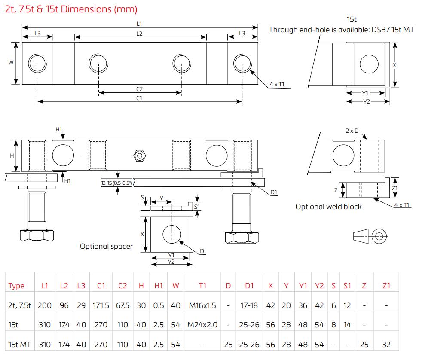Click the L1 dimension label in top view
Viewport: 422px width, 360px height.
140,24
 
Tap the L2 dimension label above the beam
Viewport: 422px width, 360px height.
140,34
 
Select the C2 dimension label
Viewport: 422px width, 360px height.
140,89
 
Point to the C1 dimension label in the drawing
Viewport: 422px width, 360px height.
140,98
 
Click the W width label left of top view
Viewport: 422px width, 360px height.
11,63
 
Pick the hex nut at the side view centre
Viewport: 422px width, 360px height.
139,155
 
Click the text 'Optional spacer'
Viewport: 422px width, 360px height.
106,246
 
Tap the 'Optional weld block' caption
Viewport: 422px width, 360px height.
328,207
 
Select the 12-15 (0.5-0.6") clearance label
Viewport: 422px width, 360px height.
116,183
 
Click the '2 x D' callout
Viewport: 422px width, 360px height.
352,131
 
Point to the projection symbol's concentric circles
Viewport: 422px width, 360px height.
379,236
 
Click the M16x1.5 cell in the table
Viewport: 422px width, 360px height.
202,305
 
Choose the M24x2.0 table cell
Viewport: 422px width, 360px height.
202,325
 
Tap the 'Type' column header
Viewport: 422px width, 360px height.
16,286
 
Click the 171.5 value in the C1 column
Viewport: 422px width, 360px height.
101,305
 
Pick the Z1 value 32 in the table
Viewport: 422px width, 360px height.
386,345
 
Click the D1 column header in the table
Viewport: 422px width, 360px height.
249,286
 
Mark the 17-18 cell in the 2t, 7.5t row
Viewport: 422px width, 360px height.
249,305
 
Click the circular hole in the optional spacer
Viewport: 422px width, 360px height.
171,235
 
